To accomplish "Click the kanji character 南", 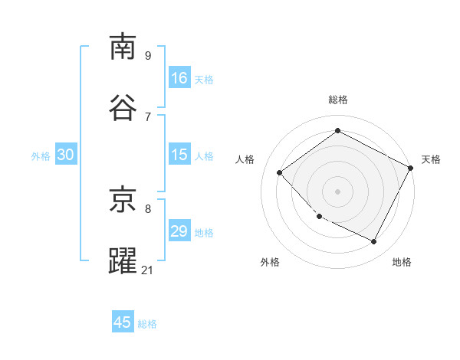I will [123, 47].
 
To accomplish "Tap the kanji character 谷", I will [123, 107].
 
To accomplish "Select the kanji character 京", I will [123, 200].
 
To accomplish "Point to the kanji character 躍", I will [123, 260].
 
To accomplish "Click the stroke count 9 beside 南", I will [148, 55].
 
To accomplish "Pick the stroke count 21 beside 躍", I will [148, 269].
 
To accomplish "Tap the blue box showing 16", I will [179, 77].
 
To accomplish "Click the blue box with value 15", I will [179, 155].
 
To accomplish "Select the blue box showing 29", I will [179, 231].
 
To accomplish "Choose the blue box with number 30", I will [65, 155].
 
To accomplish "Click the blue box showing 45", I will [123, 322].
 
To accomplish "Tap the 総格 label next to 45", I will [147, 324].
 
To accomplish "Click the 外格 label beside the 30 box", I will [41, 156].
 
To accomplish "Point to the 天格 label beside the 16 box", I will [204, 80].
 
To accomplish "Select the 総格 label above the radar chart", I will [338, 100].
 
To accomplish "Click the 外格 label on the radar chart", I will [270, 262].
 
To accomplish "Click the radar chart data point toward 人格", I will [280, 172].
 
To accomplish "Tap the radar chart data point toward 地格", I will [374, 242].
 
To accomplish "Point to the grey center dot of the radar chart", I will [338, 191].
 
